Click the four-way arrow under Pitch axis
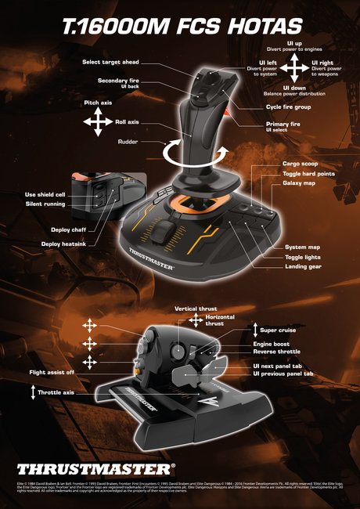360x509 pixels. [99, 122]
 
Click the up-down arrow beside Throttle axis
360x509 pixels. [34, 393]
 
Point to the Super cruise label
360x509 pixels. [278, 330]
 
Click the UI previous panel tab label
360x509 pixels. [283, 374]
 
